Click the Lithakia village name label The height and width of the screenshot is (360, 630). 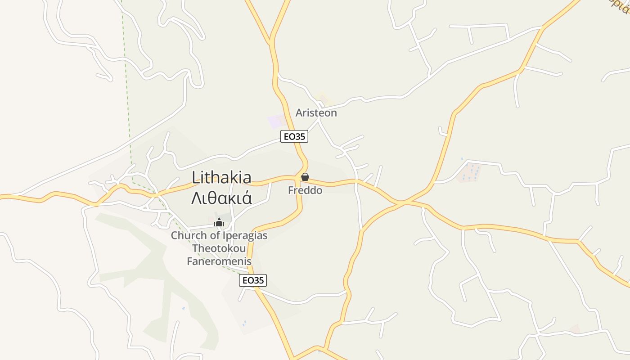tap(221, 177)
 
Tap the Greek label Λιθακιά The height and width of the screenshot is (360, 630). tap(221, 198)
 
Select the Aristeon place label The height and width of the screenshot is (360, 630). tap(316, 113)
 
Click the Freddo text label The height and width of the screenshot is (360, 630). tap(305, 190)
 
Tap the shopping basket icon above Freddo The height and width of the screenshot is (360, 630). tap(305, 177)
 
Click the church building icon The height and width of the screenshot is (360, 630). tap(219, 222)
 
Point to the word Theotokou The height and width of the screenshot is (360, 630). tap(219, 248)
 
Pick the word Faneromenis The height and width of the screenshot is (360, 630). tap(219, 261)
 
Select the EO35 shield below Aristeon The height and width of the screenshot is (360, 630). tap(294, 136)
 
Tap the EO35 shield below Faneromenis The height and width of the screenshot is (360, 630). tap(253, 280)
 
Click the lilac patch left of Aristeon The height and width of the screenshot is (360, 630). tap(276, 121)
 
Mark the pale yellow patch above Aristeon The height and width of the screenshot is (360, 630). tap(323, 98)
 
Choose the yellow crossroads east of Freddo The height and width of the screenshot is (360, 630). tap(400, 203)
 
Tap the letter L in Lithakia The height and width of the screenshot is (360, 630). tap(195, 177)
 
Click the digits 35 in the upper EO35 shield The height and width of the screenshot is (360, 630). tap(300, 136)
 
